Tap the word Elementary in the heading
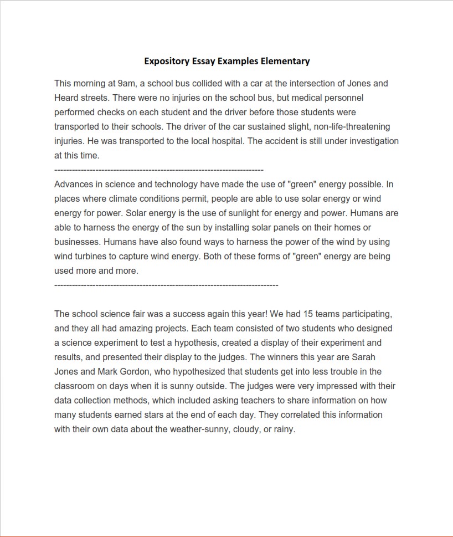(x=285, y=61)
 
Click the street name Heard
(x=66, y=98)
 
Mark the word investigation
(x=374, y=141)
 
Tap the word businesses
(x=77, y=242)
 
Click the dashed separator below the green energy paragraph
(x=166, y=285)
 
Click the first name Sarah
(x=363, y=357)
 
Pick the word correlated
(x=304, y=415)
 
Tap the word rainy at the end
(x=284, y=429)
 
